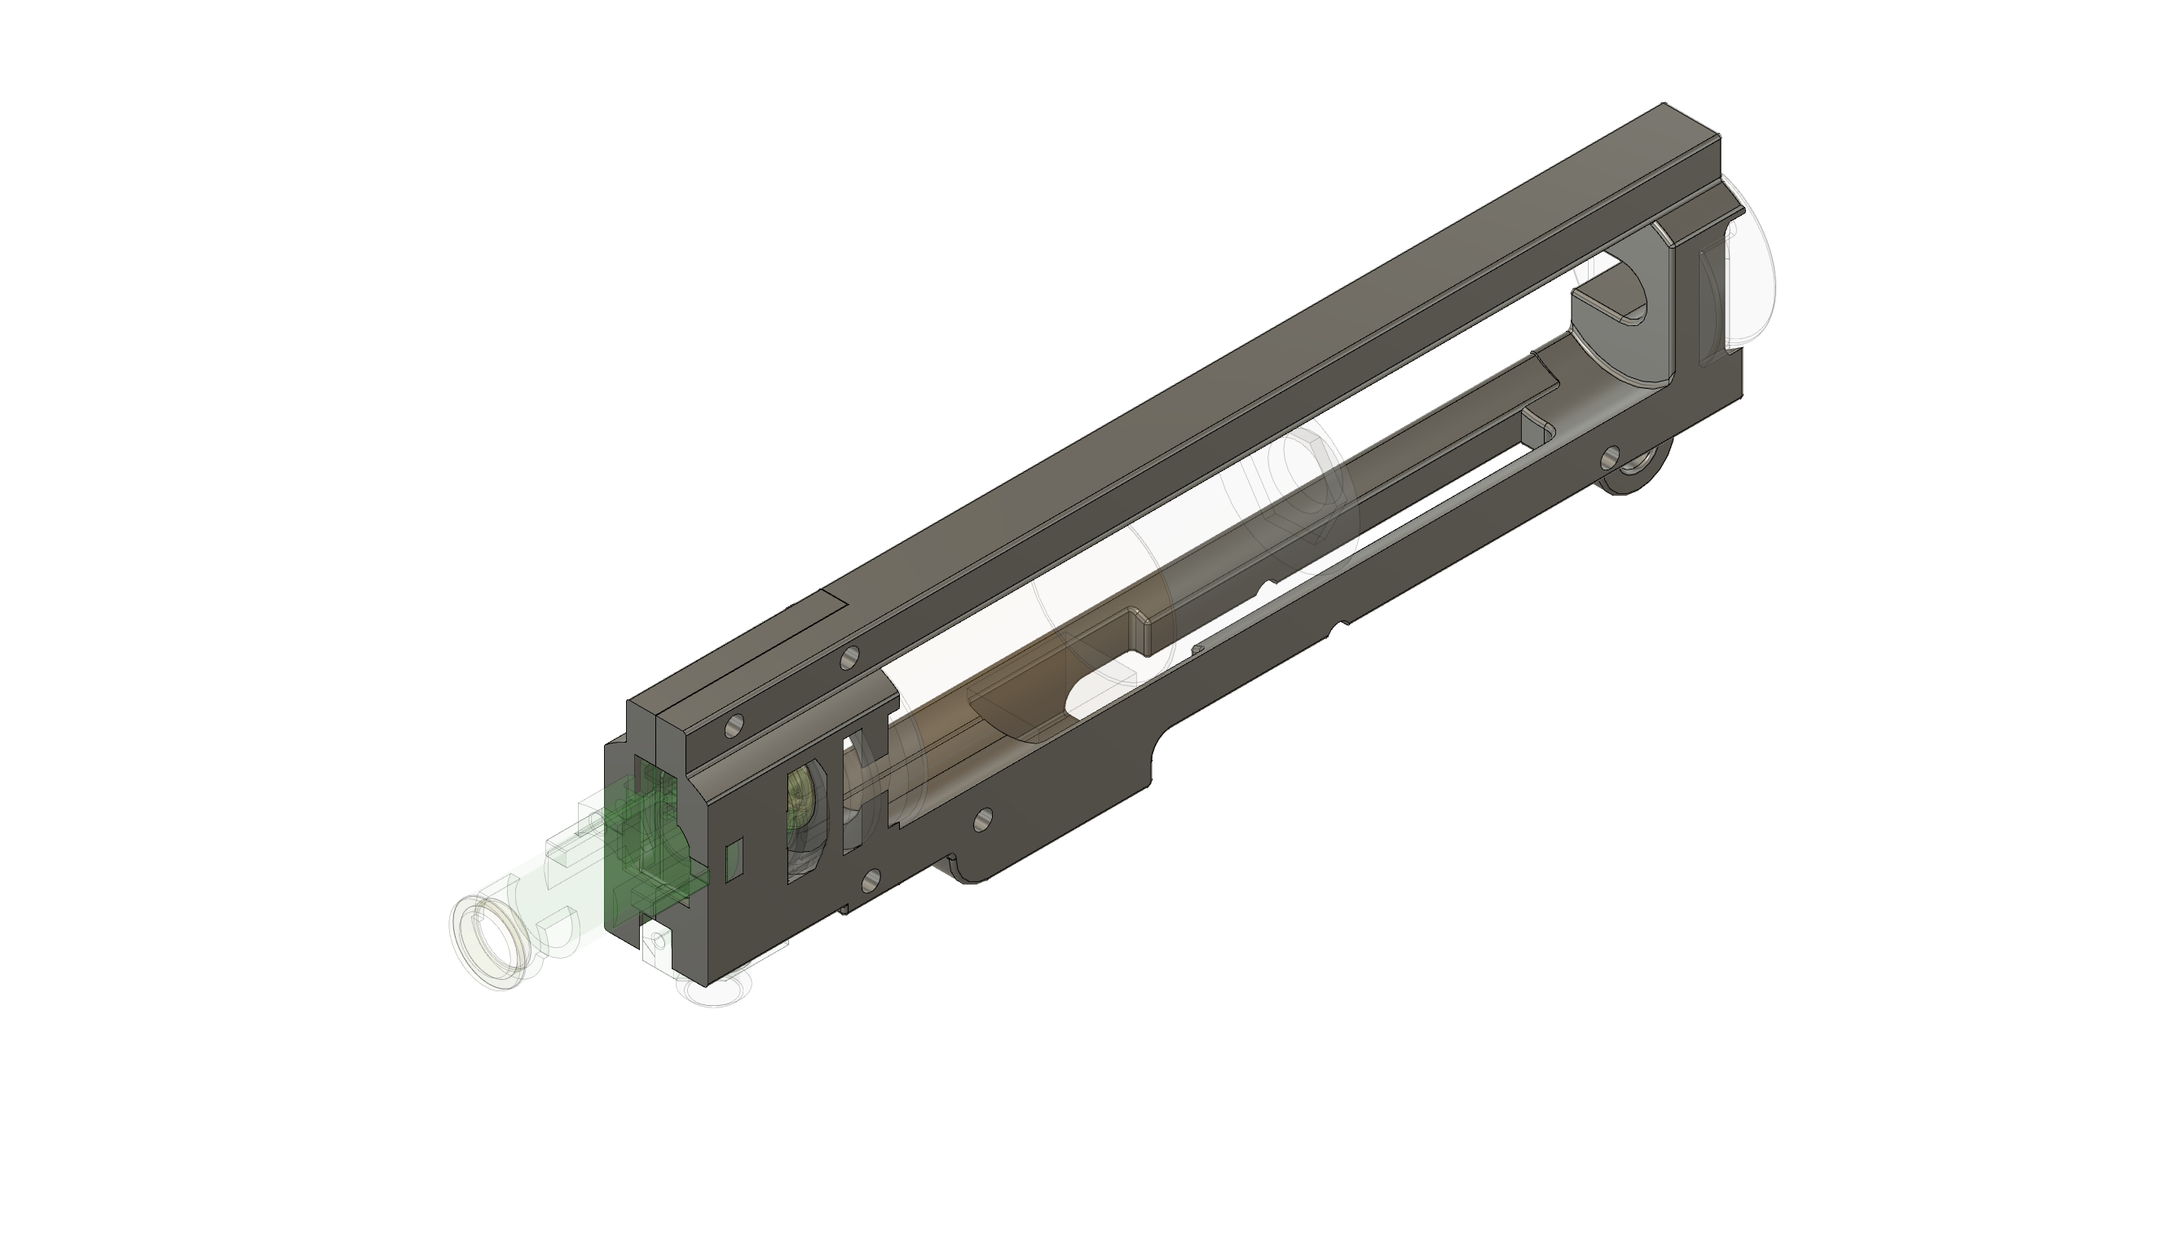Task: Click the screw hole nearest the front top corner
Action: click(734, 726)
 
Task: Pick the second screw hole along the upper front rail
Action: click(849, 659)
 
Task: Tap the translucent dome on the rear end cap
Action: click(1748, 267)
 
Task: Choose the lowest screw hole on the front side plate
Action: click(871, 880)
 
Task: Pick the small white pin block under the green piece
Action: click(658, 946)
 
